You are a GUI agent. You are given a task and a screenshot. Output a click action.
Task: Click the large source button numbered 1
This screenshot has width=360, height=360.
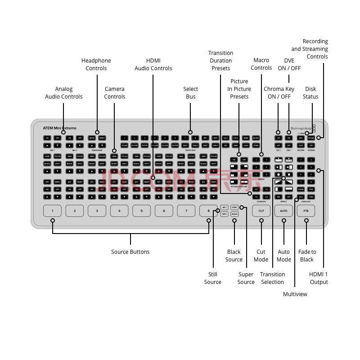[x=53, y=211]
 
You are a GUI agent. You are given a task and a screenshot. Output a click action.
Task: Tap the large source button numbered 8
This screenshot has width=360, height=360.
[x=208, y=211]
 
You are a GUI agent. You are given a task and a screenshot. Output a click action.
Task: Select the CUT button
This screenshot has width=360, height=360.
[x=261, y=211]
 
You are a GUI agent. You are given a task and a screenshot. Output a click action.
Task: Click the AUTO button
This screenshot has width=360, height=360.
[x=283, y=211]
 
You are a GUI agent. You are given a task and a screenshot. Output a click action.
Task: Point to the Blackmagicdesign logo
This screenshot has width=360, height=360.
[x=301, y=128]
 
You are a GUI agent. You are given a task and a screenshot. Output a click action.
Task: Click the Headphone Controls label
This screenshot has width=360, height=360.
[x=96, y=64]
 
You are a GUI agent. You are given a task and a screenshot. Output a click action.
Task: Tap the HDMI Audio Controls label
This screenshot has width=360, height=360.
[x=153, y=64]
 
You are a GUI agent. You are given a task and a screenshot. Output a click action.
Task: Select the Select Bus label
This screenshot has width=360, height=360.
[x=191, y=93]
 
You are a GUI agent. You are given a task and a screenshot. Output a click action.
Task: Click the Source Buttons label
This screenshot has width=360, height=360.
[x=130, y=252]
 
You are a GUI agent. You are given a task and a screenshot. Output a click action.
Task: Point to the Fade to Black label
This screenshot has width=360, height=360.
[x=307, y=256]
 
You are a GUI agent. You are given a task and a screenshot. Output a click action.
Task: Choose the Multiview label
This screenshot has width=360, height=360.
[x=295, y=294]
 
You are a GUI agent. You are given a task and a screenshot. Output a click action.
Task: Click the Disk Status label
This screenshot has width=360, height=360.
[x=310, y=93]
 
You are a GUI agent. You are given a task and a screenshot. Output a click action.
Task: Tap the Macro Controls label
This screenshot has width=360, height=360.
[x=261, y=64]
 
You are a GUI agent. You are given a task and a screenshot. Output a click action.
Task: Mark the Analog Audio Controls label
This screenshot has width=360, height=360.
[x=63, y=93]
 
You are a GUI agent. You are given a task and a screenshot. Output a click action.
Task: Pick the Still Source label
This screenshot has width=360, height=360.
[x=213, y=278]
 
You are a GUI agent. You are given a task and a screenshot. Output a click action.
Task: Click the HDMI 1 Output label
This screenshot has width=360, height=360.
[x=319, y=278]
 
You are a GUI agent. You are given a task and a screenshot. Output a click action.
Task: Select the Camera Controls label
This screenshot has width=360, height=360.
[x=114, y=93]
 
